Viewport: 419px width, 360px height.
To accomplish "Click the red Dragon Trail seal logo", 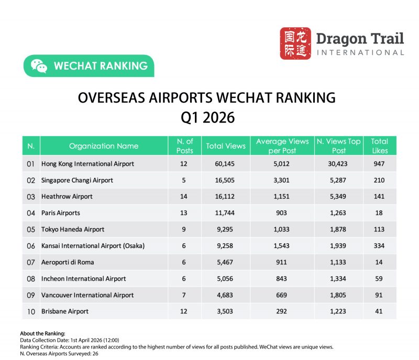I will pos(295,43).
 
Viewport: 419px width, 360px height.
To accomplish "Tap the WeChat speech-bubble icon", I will pos(39,66).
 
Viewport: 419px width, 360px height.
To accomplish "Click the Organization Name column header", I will pos(104,146).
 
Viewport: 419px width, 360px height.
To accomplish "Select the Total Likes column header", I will pos(379,146).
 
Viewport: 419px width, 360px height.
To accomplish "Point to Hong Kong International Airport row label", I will pos(87,164).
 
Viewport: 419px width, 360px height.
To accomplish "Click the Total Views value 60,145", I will pos(226,164).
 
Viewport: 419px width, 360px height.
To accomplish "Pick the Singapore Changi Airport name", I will pos(77,181).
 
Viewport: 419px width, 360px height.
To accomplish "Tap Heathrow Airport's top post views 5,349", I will pos(339,197).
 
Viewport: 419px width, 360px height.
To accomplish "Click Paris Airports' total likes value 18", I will pos(379,213).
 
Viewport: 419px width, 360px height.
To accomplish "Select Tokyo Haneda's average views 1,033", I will pos(282,229).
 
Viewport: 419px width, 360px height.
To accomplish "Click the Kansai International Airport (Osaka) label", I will pos(93,246).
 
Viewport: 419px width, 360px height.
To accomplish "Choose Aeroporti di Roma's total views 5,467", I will pos(226,262).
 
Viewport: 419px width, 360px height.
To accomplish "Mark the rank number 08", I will pos(30,278).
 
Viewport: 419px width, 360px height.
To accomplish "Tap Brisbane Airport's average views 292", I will pos(282,311).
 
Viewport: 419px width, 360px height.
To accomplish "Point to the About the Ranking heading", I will pos(42,333).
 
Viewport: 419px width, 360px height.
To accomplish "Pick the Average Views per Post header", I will pos(282,146).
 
